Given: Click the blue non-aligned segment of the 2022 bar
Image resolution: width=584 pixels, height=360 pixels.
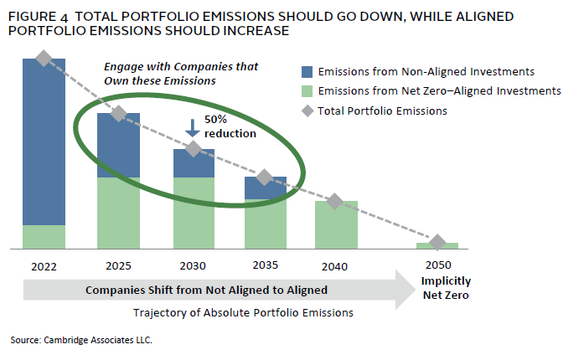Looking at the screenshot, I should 44,142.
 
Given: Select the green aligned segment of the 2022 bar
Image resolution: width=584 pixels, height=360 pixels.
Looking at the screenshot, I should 44,237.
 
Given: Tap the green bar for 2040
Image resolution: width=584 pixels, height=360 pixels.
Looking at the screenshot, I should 336,225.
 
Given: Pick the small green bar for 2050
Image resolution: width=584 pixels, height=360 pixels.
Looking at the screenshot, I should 437,246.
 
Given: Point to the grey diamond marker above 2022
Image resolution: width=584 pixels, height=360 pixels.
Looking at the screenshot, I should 44,59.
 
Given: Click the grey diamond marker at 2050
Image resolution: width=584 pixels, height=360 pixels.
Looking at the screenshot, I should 437,243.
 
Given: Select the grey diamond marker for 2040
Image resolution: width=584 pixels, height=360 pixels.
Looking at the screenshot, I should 335,202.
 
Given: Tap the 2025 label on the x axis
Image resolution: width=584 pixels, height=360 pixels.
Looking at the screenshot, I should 119,265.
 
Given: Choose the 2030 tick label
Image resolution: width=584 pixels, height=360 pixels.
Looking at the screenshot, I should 193,265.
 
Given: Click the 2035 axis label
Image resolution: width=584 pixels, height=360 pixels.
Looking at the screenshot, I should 265,265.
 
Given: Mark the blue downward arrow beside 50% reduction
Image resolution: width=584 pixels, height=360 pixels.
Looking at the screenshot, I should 192,127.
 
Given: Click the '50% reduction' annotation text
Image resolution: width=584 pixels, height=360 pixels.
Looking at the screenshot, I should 230,126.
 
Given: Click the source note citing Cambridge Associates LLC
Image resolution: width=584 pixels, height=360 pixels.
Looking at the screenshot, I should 82,341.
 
